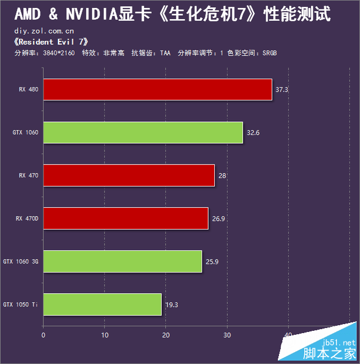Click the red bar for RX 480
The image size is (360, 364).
click(x=157, y=89)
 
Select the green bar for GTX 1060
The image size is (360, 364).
click(x=143, y=133)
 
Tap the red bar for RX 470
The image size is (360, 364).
click(x=129, y=175)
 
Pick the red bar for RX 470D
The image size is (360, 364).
click(x=125, y=219)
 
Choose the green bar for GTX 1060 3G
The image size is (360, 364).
click(x=123, y=261)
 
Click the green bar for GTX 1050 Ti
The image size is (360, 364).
click(x=102, y=304)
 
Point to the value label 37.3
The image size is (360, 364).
click(x=282, y=89)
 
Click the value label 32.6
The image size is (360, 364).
click(x=253, y=133)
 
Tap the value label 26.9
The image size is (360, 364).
click(x=218, y=219)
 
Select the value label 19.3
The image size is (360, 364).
click(x=172, y=304)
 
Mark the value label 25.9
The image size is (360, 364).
click(x=212, y=261)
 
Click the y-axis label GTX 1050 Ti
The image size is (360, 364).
click(x=20, y=304)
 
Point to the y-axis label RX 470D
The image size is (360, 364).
click(x=27, y=219)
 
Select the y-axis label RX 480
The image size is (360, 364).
click(x=29, y=89)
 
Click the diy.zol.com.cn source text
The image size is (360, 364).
click(x=44, y=31)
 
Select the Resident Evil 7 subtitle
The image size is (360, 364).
click(x=50, y=42)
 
